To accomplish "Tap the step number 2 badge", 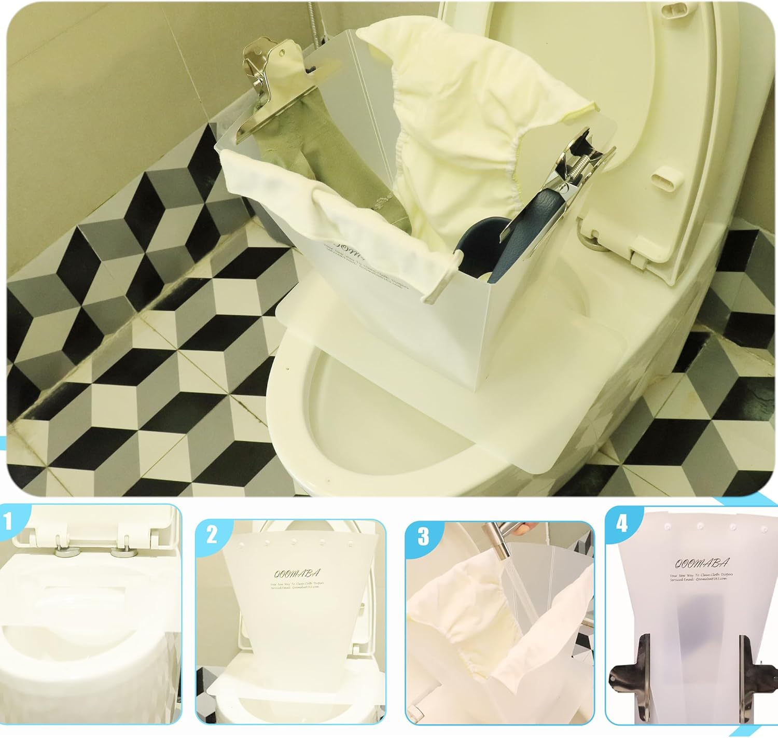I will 212,534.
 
